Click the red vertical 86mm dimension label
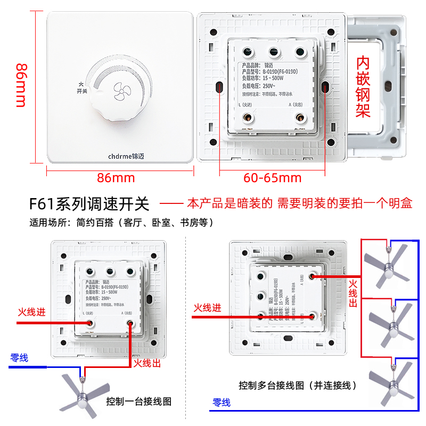pos(21,85)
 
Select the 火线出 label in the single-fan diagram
pos(146,363)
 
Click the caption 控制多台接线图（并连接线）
pos(298,385)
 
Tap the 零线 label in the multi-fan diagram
pos(222,403)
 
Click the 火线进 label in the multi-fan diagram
pos(207,308)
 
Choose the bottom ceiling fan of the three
pos(392,383)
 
